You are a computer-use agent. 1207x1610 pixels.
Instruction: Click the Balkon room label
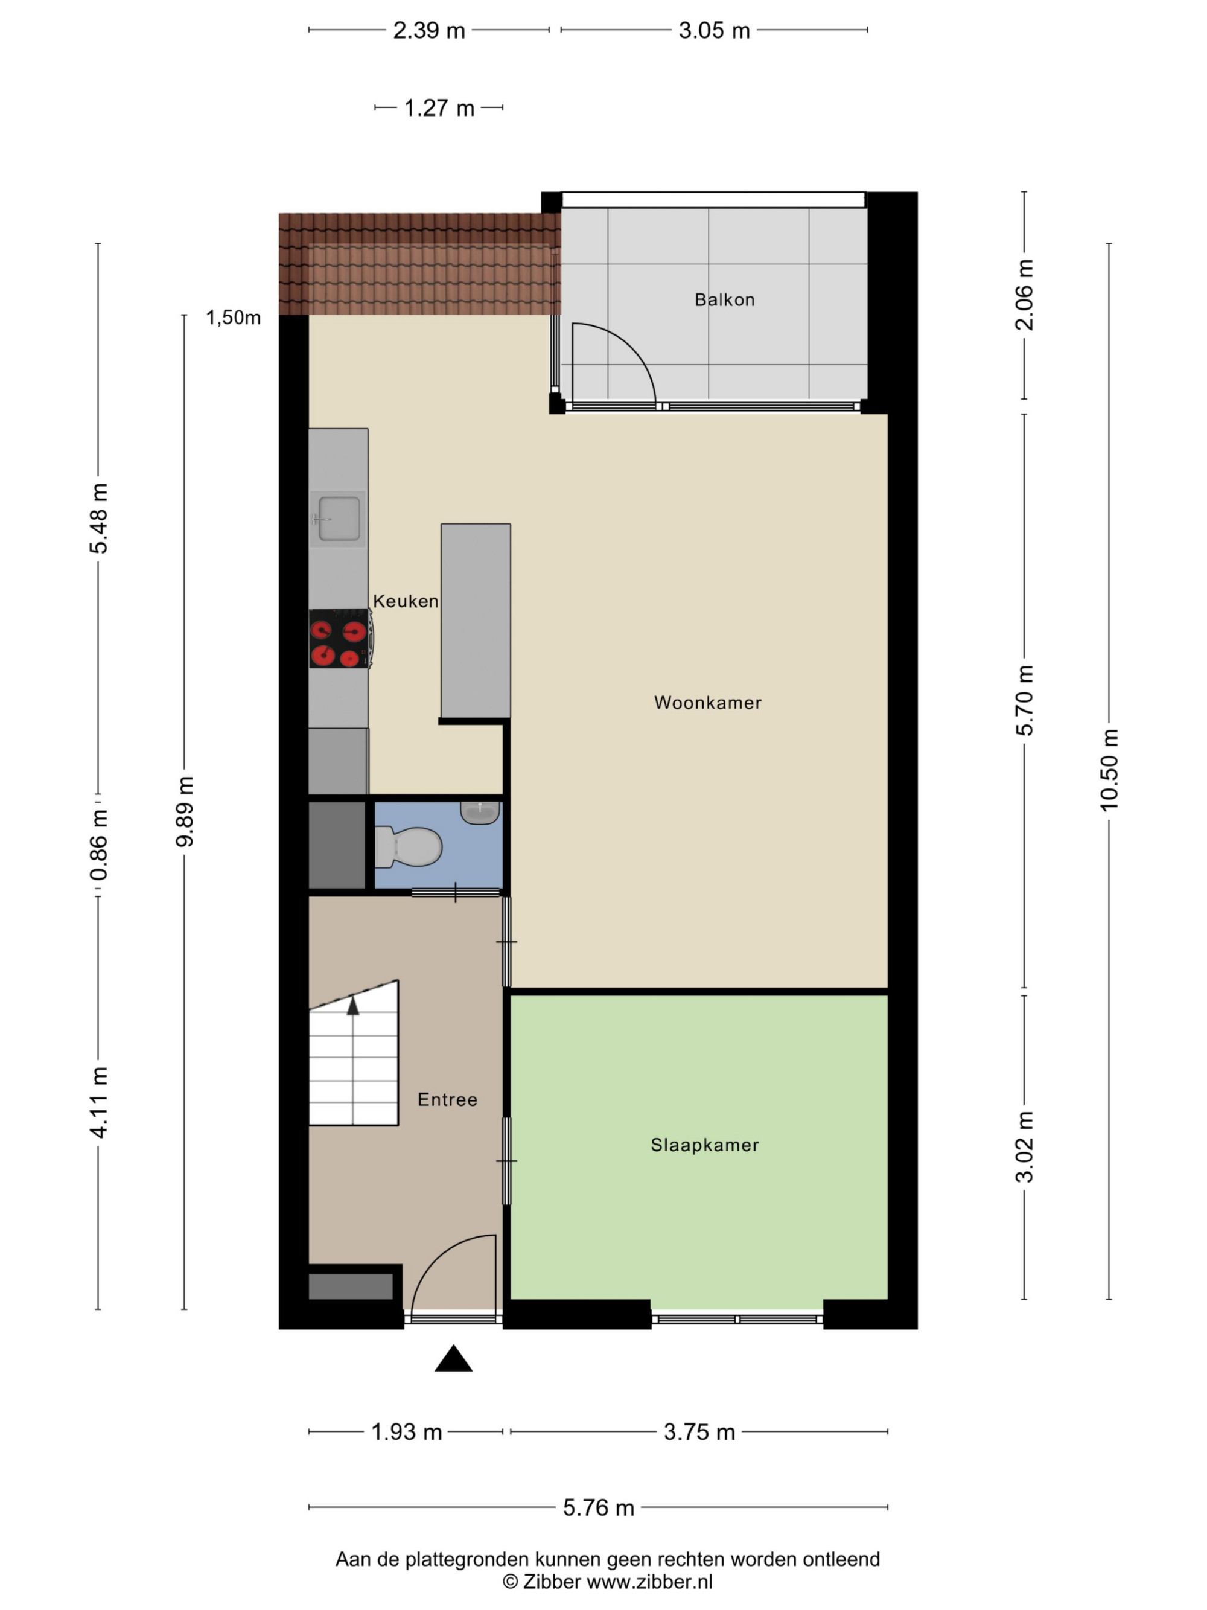[x=724, y=299]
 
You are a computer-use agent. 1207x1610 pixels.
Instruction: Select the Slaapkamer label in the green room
[x=704, y=1145]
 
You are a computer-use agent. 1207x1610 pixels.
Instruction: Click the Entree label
[x=447, y=1099]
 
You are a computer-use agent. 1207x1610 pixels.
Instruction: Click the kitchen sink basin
[x=339, y=519]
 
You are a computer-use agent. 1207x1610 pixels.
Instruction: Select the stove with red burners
[x=340, y=638]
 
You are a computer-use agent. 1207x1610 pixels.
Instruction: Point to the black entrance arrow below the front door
[x=453, y=1358]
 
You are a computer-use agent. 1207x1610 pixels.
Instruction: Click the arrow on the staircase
[x=353, y=1005]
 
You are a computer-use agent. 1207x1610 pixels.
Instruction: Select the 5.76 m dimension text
[x=598, y=1507]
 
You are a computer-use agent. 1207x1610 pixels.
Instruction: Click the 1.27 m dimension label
[x=439, y=107]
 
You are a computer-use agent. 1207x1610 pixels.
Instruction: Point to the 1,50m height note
[x=233, y=318]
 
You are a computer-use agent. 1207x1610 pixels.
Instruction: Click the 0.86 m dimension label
[x=98, y=845]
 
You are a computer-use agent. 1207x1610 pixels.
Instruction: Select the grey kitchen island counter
[x=475, y=621]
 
